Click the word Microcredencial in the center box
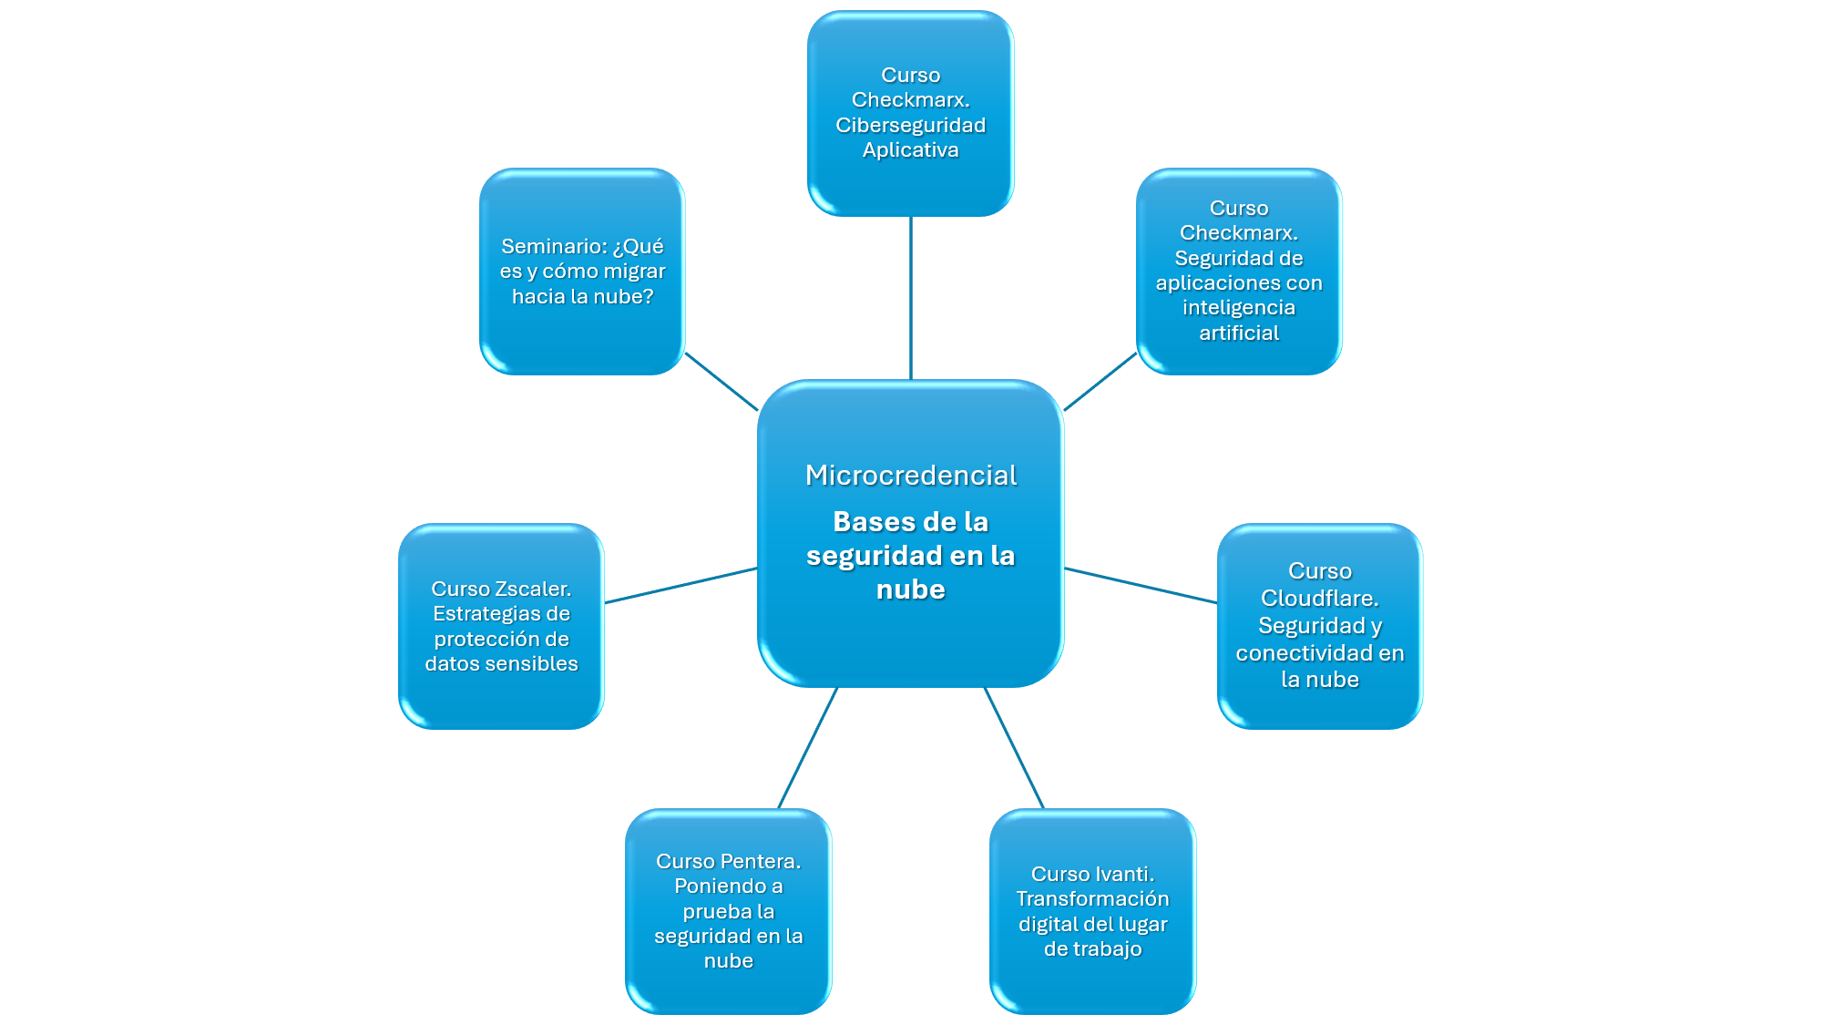coord(911,476)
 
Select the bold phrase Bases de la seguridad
coord(911,538)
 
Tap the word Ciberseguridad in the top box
coord(911,125)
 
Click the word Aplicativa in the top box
coord(911,149)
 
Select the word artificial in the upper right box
coord(1239,333)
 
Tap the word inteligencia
coord(1239,308)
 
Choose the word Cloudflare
coord(1319,599)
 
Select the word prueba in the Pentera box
coord(729,911)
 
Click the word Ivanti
coord(1121,874)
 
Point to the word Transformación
coord(1092,899)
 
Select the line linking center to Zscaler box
coord(681,585)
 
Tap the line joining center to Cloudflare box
coord(1141,585)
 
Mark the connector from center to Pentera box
coord(808,747)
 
